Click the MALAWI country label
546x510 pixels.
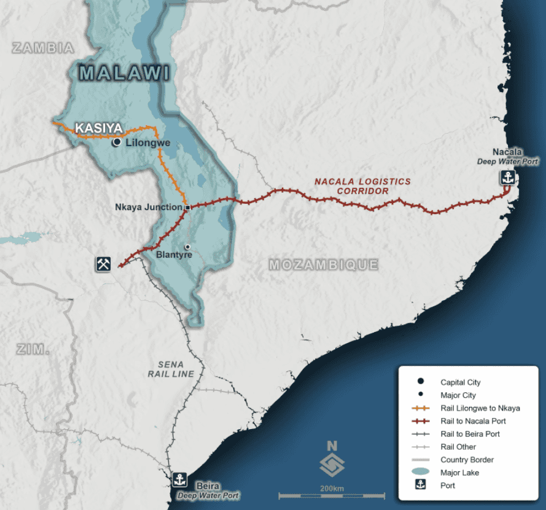point(124,74)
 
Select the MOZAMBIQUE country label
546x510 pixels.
point(324,265)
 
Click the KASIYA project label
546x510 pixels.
point(98,129)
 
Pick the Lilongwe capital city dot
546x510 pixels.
point(116,142)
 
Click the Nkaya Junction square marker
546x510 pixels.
point(188,207)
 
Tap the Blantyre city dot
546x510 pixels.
point(188,247)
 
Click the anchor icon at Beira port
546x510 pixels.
point(180,479)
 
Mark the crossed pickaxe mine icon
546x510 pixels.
point(103,264)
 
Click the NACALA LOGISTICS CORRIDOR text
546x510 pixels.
point(362,186)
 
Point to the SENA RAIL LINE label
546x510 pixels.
point(171,369)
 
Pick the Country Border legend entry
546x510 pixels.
point(467,460)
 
